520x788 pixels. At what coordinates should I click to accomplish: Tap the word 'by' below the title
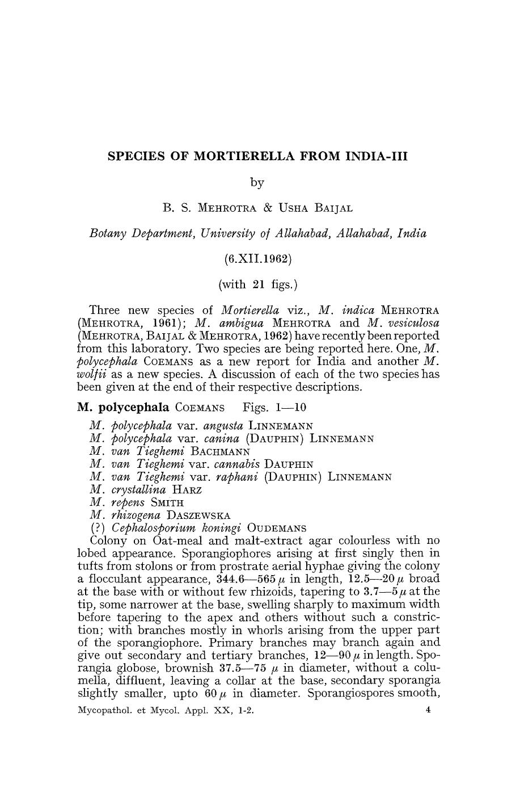[x=257, y=182]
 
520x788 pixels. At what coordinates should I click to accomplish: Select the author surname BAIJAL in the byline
[x=331, y=208]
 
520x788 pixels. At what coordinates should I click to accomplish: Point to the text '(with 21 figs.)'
[x=257, y=284]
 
